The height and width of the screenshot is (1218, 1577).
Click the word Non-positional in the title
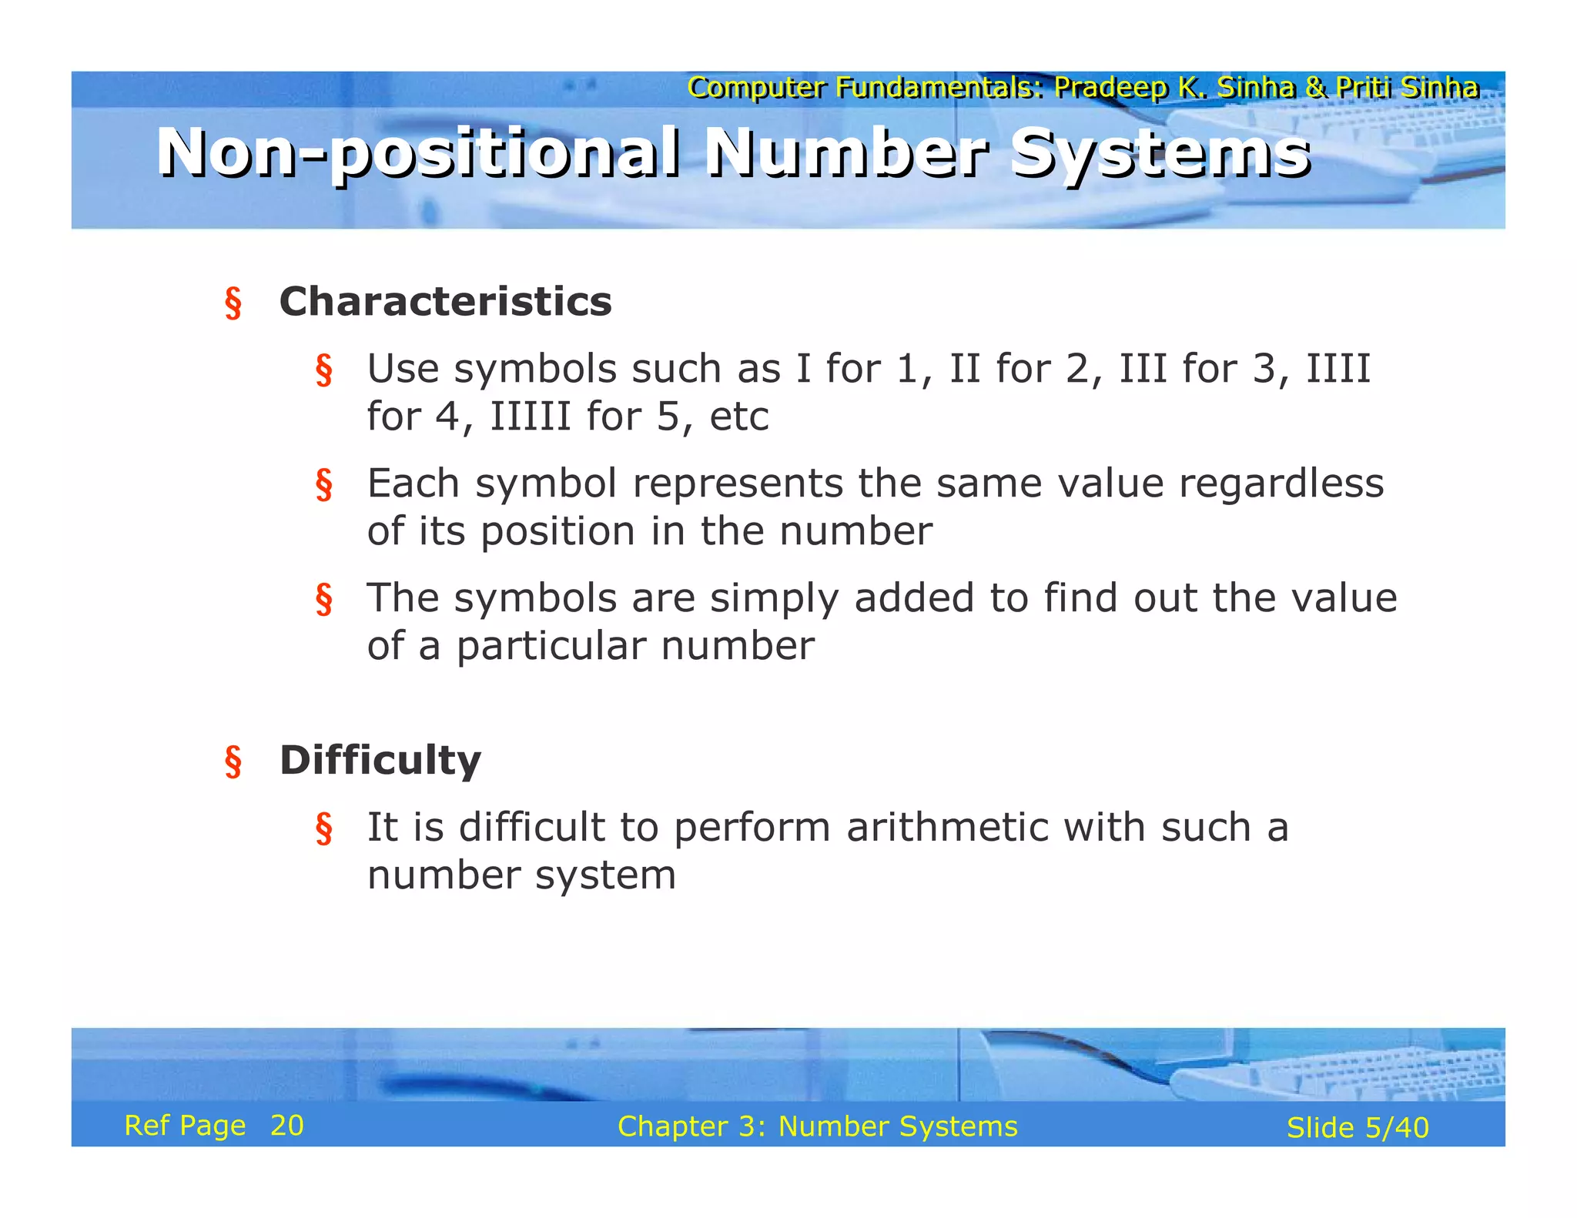pyautogui.click(x=418, y=153)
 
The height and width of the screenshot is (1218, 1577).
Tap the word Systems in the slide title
pyautogui.click(x=1160, y=153)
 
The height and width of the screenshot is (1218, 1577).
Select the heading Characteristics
pyautogui.click(x=445, y=301)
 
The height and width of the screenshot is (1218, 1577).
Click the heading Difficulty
pyautogui.click(x=380, y=760)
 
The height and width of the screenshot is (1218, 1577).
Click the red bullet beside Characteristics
pyautogui.click(x=233, y=303)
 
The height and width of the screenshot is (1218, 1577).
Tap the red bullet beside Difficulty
pyautogui.click(x=233, y=762)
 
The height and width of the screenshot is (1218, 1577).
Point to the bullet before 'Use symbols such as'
pyautogui.click(x=323, y=370)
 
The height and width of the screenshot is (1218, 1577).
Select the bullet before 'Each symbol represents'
pyautogui.click(x=323, y=485)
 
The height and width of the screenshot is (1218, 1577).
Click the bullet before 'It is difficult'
pyautogui.click(x=323, y=829)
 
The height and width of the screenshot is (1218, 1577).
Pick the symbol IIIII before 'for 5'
pyautogui.click(x=531, y=417)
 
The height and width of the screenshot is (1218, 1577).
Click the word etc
pyautogui.click(x=738, y=417)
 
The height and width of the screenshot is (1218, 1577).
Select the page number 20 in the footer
pyautogui.click(x=286, y=1126)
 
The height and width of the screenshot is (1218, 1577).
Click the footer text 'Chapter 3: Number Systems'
pyautogui.click(x=817, y=1126)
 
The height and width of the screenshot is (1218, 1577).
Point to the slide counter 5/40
pyautogui.click(x=1396, y=1128)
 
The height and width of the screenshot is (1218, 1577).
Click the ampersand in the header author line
pyautogui.click(x=1315, y=87)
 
